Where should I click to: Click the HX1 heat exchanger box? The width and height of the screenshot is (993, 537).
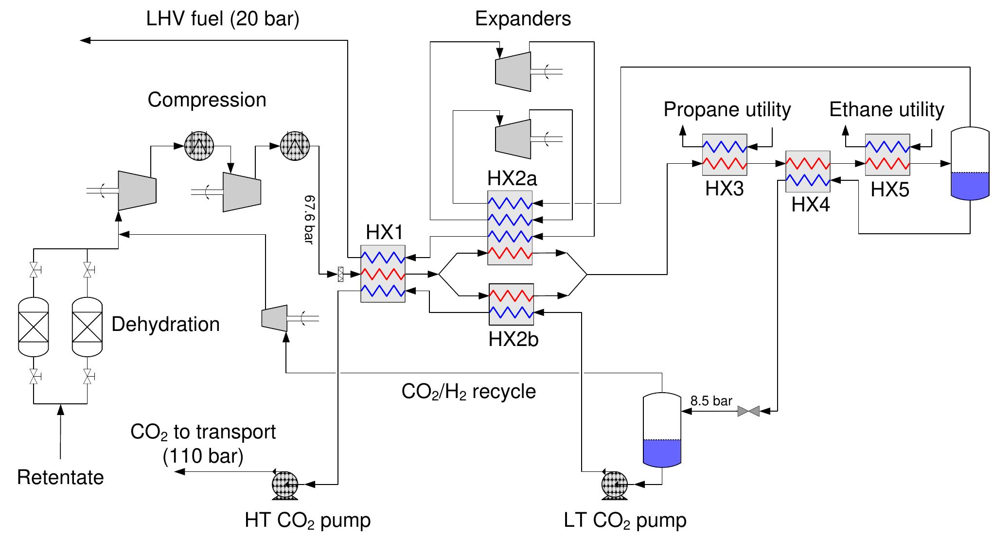383,274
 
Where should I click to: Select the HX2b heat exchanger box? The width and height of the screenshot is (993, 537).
511,304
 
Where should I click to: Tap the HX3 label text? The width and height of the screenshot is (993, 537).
724,189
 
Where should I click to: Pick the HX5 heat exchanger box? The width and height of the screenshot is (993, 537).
887,155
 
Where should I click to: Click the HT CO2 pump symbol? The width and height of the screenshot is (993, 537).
285,485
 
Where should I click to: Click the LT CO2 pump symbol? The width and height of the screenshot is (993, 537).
614,485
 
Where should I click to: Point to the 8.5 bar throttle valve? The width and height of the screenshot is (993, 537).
748,412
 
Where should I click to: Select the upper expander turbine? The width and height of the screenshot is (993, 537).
513,71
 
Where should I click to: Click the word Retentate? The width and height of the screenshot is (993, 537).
60,477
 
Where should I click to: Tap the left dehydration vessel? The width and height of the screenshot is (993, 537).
34,327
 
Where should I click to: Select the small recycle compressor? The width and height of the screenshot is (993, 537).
274,318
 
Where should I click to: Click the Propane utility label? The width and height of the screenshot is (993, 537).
727,109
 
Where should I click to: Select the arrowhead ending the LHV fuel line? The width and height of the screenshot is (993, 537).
85,41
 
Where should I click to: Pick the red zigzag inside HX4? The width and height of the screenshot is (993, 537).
807,163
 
